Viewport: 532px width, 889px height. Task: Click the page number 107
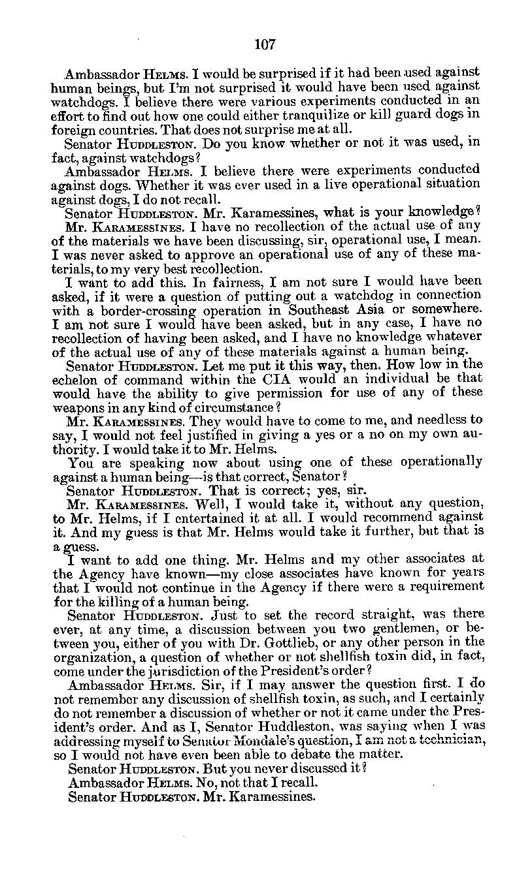click(x=265, y=44)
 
